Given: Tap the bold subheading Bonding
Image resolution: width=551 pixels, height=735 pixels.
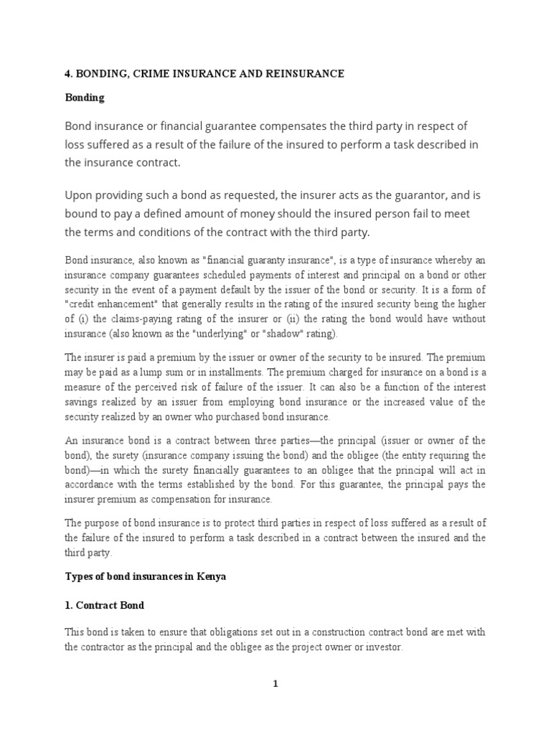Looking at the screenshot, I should pyautogui.click(x=85, y=98).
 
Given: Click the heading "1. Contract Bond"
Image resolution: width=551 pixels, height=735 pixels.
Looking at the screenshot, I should pyautogui.click(x=105, y=605).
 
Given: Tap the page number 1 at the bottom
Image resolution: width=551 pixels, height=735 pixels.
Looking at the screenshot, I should pyautogui.click(x=275, y=684).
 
